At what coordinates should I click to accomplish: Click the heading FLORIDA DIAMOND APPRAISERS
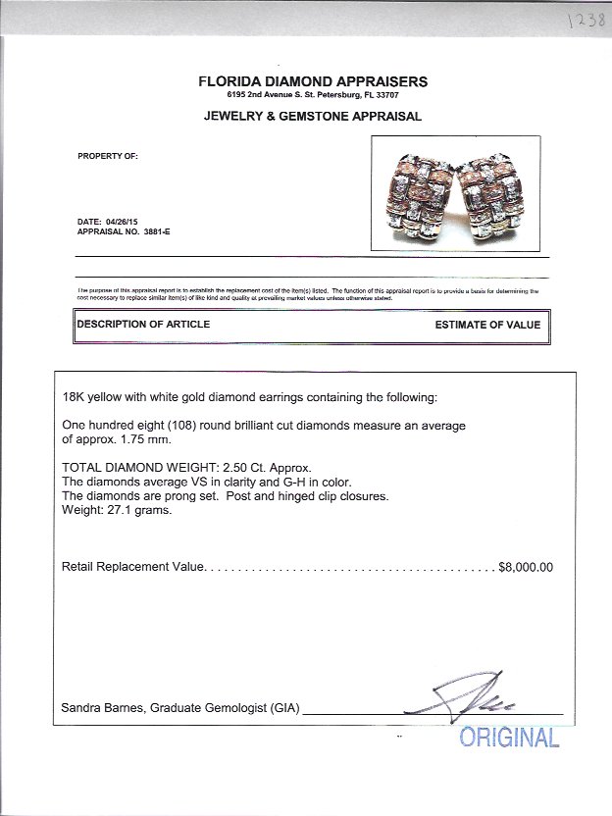coord(313,81)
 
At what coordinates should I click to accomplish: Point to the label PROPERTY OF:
coord(107,156)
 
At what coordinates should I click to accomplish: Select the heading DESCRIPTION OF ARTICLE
coord(143,325)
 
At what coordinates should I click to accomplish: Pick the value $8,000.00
coord(526,567)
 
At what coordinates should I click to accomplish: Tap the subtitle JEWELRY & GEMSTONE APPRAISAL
coord(312,116)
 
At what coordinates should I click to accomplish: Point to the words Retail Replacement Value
coord(132,567)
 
